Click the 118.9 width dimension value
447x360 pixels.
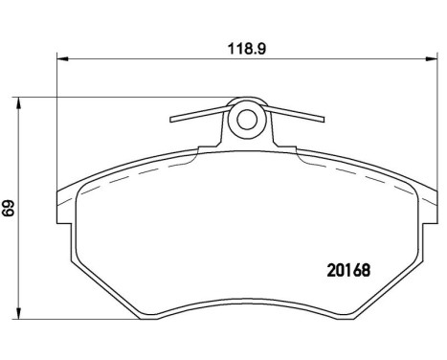pyautogui.click(x=246, y=49)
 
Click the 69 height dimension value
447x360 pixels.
pyautogui.click(x=9, y=208)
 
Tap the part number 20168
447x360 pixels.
pyautogui.click(x=348, y=270)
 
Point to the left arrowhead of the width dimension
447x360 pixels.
pyautogui.click(x=62, y=58)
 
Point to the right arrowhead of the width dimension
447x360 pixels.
pyautogui.click(x=432, y=58)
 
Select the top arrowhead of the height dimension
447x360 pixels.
pyautogui.click(x=19, y=103)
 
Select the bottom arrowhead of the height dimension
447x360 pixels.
pyautogui.click(x=19, y=313)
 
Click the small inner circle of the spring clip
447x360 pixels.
pyautogui.click(x=247, y=120)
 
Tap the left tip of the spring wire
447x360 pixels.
pyautogui.click(x=171, y=120)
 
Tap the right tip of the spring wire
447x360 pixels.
pyautogui.click(x=323, y=120)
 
